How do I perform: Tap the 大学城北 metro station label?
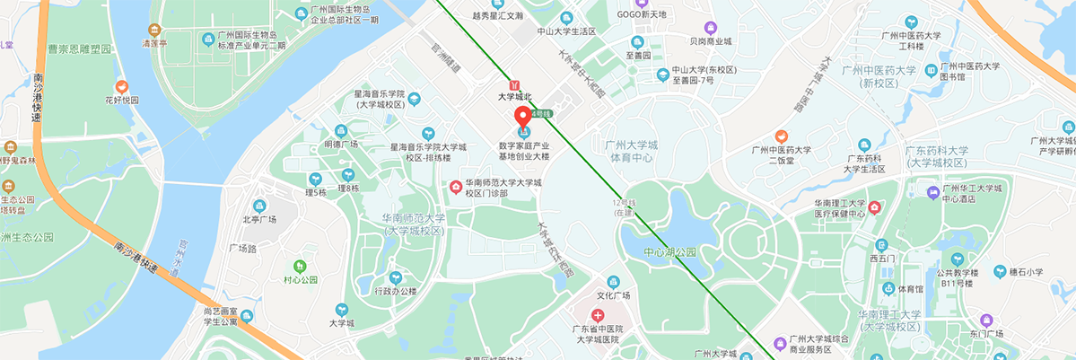515,97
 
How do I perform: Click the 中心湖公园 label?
670,252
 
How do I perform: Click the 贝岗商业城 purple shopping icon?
711,28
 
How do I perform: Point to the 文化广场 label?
614,295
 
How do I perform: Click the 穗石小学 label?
1024,271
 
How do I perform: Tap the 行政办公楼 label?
395,291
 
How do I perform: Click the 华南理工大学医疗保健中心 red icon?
876,208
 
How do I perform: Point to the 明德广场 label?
341,144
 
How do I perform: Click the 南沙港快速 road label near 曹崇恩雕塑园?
38,99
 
